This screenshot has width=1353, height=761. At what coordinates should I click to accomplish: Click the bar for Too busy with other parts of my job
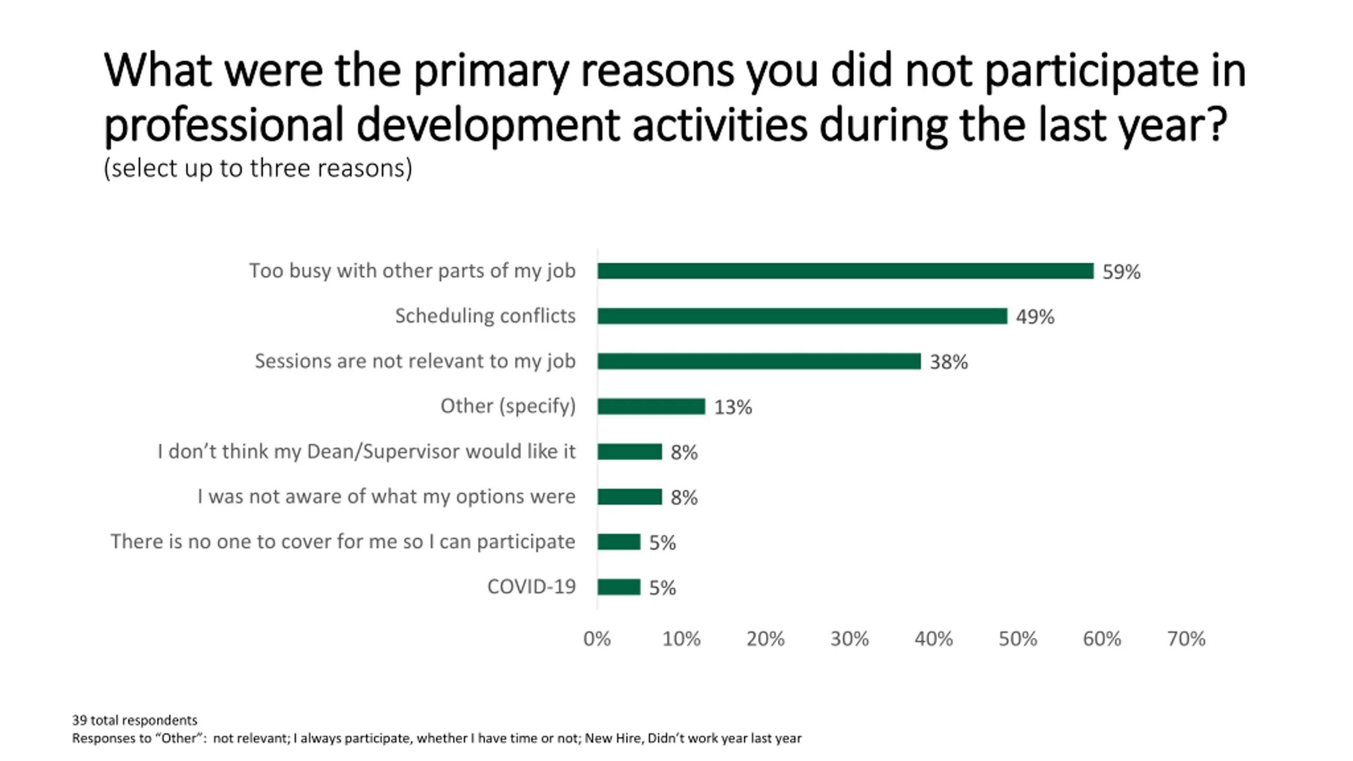point(845,271)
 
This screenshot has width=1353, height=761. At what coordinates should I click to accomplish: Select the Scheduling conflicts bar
point(802,316)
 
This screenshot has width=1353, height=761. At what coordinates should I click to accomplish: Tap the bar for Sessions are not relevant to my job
point(758,361)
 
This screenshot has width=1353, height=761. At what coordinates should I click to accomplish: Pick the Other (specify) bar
point(651,406)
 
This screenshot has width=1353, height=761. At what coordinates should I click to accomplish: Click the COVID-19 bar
point(618,587)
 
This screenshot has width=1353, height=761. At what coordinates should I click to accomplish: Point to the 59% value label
point(1121,272)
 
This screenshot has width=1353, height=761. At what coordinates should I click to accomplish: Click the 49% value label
point(1035,317)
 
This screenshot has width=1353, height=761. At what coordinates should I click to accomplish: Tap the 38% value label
point(949,363)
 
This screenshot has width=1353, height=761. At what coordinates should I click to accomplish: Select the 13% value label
point(733,407)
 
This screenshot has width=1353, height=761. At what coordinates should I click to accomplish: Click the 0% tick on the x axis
point(597,639)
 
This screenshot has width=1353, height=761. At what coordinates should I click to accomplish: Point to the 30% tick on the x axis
point(849,639)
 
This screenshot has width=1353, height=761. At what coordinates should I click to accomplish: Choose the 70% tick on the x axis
point(1186,639)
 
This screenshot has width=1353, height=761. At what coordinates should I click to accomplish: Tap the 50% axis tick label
point(1017,639)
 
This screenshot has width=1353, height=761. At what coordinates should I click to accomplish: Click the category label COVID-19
point(531,587)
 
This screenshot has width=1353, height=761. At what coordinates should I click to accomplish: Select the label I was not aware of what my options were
point(386,497)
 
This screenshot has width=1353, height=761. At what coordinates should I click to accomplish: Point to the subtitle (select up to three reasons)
point(258,169)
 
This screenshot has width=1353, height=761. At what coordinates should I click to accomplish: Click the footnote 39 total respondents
point(135,720)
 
